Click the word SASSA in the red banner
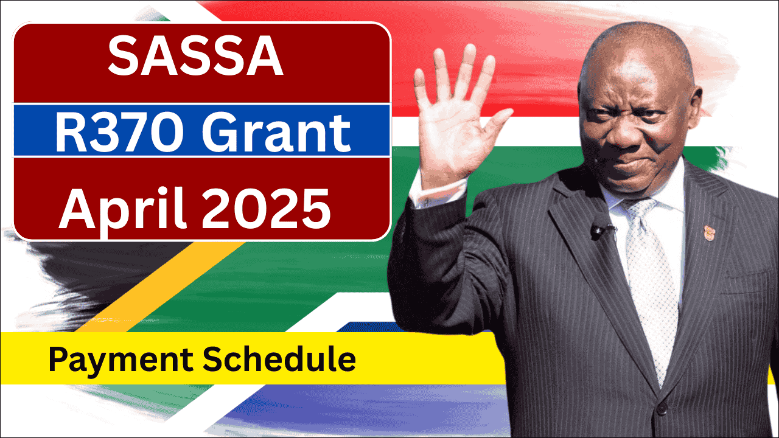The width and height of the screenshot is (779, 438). tap(195, 56)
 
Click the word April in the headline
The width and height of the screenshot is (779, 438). tap(122, 209)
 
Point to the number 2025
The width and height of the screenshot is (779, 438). tap(266, 209)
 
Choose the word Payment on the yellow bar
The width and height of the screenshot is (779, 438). tap(121, 360)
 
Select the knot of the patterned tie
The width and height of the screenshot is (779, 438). tap(639, 210)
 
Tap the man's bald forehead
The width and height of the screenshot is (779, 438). tap(637, 69)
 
